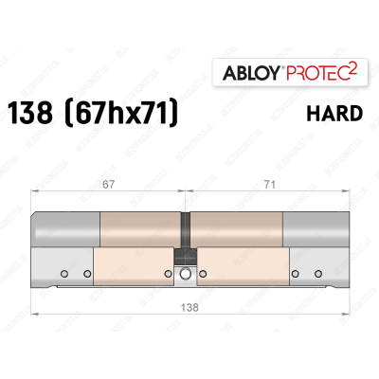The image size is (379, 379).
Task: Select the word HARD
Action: click(x=334, y=114)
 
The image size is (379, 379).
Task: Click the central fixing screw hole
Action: click(x=184, y=276)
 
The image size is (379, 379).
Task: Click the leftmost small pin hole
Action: click(x=64, y=275)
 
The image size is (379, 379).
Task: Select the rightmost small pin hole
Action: click(x=316, y=275)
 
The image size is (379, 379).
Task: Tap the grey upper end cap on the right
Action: click(x=314, y=229)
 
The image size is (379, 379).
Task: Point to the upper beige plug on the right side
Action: click(x=236, y=229)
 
